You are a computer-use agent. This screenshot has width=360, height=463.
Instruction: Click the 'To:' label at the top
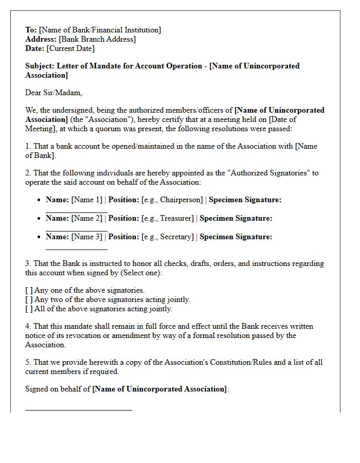(31, 30)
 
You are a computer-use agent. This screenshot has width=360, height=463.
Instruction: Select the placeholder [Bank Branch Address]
(98, 39)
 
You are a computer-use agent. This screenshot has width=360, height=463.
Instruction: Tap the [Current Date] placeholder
(70, 48)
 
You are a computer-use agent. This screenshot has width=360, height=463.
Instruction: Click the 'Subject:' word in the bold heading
(40, 66)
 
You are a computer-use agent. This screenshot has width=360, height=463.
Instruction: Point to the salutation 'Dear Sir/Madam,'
(53, 93)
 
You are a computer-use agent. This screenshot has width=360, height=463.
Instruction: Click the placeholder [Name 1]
(87, 200)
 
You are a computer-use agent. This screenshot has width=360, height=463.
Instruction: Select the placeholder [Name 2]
(87, 218)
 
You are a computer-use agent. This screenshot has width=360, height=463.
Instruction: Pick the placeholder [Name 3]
(87, 237)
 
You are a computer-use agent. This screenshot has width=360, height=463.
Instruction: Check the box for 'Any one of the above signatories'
(29, 290)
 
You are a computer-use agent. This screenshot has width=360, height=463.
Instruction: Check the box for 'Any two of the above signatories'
(29, 299)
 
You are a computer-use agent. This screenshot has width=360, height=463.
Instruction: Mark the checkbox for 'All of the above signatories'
(29, 309)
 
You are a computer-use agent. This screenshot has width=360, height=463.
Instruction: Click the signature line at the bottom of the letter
(79, 410)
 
